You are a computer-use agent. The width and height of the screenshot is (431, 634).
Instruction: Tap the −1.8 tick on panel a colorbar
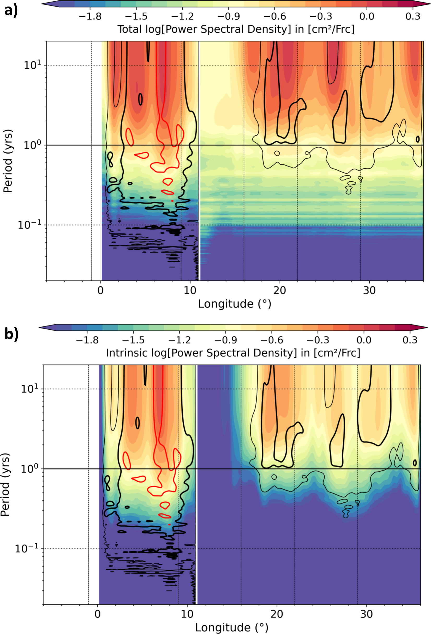(90, 16)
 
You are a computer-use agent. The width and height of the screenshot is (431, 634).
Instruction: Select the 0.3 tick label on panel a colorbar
(413, 16)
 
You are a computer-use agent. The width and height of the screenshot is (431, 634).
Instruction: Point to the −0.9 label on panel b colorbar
(226, 340)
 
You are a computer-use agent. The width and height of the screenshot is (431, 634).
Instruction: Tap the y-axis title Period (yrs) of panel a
(8, 161)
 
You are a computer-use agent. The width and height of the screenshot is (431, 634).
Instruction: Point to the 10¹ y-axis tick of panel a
(32, 65)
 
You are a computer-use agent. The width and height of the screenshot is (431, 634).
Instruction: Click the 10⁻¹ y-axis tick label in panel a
(29, 225)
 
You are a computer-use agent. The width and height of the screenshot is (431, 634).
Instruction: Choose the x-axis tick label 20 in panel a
(279, 291)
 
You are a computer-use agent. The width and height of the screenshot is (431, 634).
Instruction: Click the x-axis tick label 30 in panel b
(366, 614)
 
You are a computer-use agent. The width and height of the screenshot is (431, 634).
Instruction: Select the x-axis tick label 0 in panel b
(98, 614)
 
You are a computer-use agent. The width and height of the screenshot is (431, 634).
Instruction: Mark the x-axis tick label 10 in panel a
(190, 291)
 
